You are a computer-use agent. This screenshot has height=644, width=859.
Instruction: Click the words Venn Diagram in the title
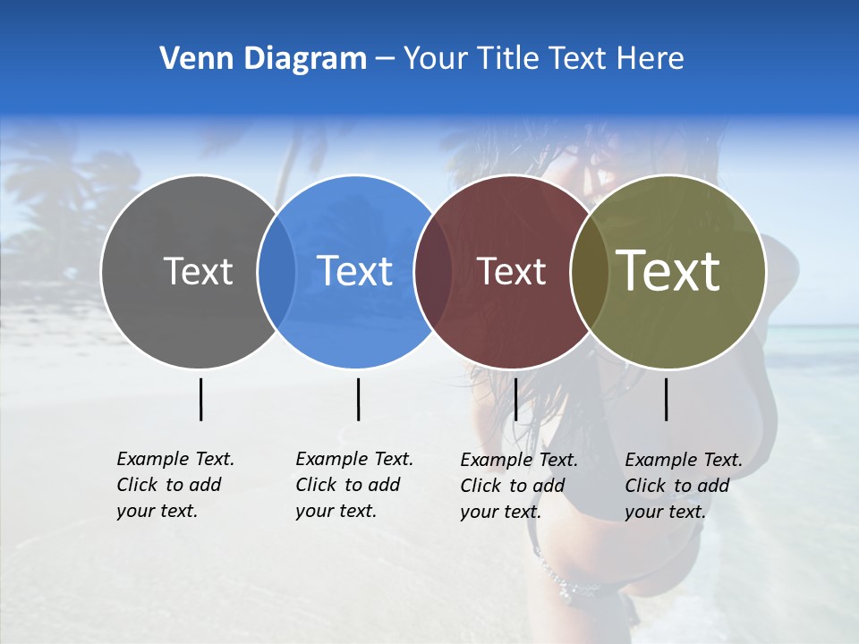click(263, 59)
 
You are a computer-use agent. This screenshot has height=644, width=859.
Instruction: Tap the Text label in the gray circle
click(198, 271)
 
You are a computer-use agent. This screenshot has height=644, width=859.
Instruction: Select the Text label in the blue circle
click(354, 271)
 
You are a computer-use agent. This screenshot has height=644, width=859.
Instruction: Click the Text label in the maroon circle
click(512, 271)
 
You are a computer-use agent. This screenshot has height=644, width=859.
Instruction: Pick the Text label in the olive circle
click(668, 270)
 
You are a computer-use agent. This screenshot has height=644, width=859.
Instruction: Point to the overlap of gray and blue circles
click(276, 272)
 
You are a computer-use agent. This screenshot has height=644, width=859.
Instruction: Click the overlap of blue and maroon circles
click(433, 272)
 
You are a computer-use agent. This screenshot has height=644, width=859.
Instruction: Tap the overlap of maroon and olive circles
click(589, 272)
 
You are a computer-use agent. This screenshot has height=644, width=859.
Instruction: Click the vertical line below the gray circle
click(200, 399)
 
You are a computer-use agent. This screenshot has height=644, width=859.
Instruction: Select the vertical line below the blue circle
click(358, 399)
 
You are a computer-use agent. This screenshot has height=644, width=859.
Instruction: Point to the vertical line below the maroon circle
click(515, 399)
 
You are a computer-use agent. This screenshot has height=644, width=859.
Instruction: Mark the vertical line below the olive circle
click(666, 399)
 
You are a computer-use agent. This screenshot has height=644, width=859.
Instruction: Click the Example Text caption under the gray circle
click(175, 485)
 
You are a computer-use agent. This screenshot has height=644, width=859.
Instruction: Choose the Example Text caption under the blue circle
click(354, 485)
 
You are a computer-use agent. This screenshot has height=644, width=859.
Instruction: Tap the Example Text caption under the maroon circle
click(519, 486)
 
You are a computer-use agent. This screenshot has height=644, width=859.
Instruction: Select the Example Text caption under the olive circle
click(684, 486)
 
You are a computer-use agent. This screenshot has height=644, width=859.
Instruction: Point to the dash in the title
click(385, 60)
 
